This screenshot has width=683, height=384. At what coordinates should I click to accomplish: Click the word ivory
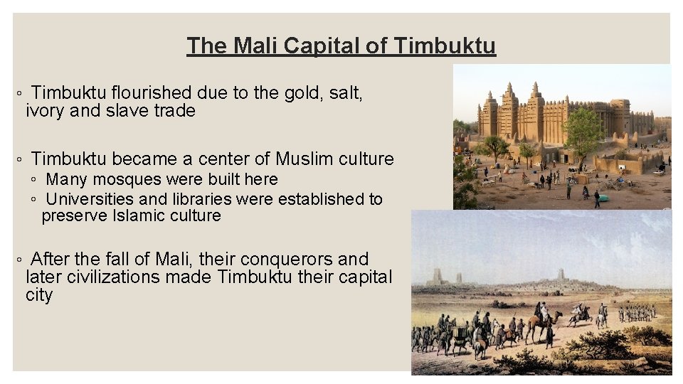point(47,111)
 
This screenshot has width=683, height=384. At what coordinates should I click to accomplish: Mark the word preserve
point(75,215)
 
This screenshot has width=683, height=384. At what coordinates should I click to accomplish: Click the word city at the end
point(39,295)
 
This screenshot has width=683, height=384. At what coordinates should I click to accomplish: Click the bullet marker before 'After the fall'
point(21,260)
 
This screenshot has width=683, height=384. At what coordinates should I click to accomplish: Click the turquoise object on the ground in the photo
point(603,198)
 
